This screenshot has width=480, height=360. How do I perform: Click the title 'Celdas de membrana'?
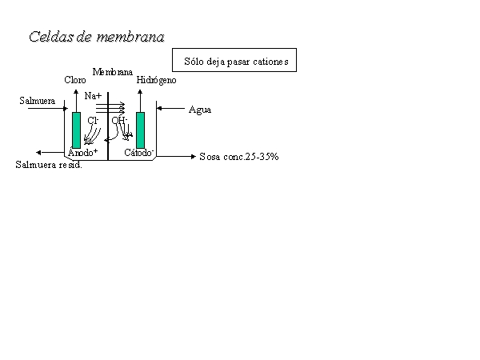coord(97,37)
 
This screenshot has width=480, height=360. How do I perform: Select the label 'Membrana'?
coord(112,72)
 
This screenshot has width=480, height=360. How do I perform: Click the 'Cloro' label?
coord(75,80)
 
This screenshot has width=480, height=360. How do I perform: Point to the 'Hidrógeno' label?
coord(157,80)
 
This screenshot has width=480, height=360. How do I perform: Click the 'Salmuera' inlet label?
coord(38,101)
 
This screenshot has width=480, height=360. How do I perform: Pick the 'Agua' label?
coord(200,110)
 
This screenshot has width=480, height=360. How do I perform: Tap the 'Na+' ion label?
coord(93,96)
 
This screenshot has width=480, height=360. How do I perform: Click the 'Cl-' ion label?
coord(93,120)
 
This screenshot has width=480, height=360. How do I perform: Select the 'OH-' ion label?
coord(119,120)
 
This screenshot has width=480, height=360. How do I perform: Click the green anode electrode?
coord(77,130)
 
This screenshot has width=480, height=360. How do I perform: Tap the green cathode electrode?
coord(141,130)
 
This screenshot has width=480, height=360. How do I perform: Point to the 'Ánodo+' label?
coord(82,152)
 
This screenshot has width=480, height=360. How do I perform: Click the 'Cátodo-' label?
coord(138,152)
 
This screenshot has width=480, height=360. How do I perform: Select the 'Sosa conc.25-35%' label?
coord(239,157)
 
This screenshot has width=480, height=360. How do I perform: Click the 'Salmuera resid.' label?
coord(49,165)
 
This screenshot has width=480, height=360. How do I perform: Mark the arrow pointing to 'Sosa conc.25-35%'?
coord(176,157)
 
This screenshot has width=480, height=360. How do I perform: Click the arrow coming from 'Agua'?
coord(171,108)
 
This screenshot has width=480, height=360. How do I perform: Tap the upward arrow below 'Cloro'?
coord(76,101)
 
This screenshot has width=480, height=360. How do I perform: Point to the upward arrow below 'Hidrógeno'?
coord(140,101)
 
